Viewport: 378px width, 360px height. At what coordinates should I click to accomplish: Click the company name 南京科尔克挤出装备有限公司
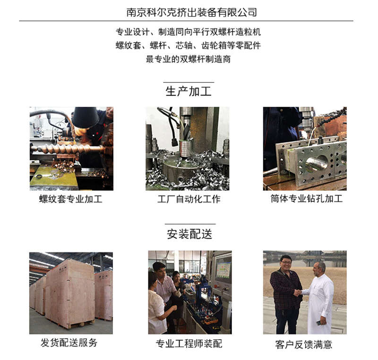pyautogui.click(x=192, y=12)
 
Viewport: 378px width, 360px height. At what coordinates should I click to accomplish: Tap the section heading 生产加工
pyautogui.click(x=189, y=91)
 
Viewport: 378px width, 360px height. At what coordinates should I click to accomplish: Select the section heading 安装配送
pyautogui.click(x=189, y=234)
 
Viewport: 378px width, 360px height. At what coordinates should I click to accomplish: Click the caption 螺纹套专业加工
pyautogui.click(x=70, y=199)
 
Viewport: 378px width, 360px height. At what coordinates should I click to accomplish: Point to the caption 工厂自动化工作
pyautogui.click(x=189, y=199)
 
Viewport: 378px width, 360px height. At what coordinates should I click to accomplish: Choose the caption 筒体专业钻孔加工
pyautogui.click(x=306, y=198)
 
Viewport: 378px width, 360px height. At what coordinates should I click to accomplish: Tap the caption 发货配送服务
pyautogui.click(x=69, y=343)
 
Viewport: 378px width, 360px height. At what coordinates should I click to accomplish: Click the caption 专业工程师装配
pyautogui.click(x=189, y=343)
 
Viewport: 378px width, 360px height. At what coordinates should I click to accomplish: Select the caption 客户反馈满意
pyautogui.click(x=303, y=344)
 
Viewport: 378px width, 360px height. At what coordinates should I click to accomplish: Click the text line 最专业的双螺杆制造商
pyautogui.click(x=188, y=59)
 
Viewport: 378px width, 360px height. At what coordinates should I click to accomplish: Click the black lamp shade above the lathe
pyautogui.click(x=86, y=117)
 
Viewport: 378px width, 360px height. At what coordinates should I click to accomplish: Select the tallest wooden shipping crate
pyautogui.click(x=70, y=293)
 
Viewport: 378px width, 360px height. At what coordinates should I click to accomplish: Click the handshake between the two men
pyautogui.click(x=298, y=292)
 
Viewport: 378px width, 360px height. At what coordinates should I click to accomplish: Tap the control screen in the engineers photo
pyautogui.click(x=223, y=267)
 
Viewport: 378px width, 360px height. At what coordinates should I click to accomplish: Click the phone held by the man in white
pyautogui.click(x=319, y=322)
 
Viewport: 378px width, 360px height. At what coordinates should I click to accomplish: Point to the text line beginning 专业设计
pyautogui.click(x=188, y=32)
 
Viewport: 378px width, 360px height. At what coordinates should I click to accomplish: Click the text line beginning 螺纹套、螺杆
pyautogui.click(x=188, y=45)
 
